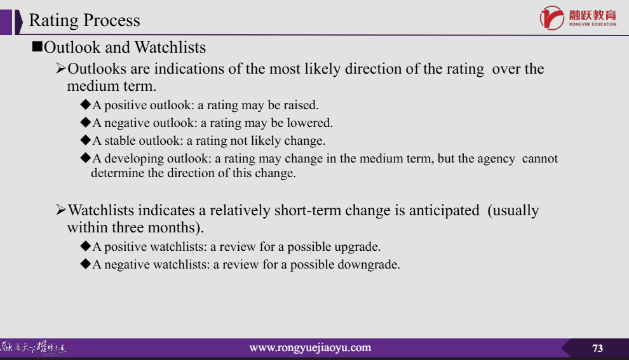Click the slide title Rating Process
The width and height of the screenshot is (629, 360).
(x=85, y=20)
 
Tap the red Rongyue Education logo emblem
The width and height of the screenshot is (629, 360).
(x=552, y=18)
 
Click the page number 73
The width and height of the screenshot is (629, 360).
(x=597, y=348)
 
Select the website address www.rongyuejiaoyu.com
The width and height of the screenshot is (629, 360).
(x=310, y=347)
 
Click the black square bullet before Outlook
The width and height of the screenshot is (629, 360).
(x=37, y=47)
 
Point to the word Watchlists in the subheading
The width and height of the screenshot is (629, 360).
(x=170, y=48)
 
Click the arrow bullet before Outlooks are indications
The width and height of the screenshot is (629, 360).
(x=61, y=68)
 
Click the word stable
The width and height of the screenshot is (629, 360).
(x=120, y=141)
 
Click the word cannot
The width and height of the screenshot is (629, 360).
(x=539, y=159)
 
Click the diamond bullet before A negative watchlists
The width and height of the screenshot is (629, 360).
(x=85, y=263)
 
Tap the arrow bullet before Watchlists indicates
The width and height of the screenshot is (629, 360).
(x=61, y=210)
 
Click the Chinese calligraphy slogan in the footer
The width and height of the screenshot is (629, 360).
(x=34, y=347)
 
